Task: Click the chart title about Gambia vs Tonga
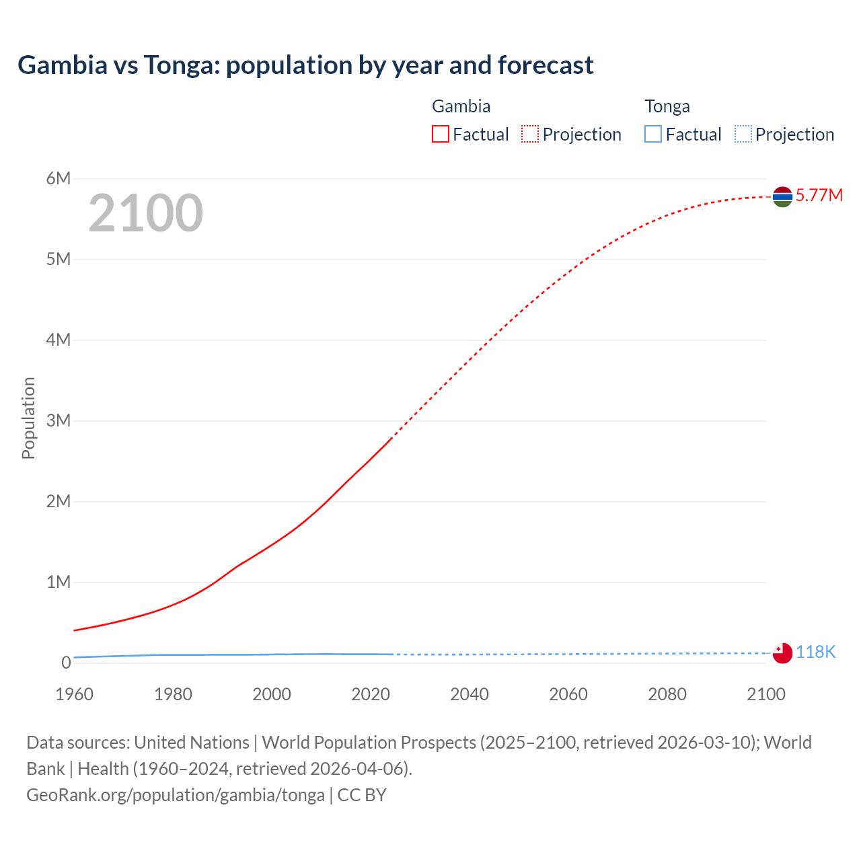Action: pos(305,65)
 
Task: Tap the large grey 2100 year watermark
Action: pos(145,213)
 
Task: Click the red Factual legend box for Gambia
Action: pos(440,134)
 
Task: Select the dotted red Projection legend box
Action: pos(530,134)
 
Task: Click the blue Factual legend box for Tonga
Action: pos(652,134)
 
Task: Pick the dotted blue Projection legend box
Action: pos(743,134)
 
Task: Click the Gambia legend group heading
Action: pos(461,106)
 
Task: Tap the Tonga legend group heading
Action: pos(667,106)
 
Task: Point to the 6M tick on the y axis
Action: pos(59,178)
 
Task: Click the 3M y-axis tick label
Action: pos(59,420)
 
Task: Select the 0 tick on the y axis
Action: pos(66,663)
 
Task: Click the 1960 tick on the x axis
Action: pos(74,694)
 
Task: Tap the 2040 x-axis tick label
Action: pos(470,694)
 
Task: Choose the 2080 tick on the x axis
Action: pos(667,694)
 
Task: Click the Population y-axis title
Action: pos(28,418)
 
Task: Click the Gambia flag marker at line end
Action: pos(782,196)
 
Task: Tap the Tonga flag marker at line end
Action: pos(782,652)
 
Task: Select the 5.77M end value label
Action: pos(819,195)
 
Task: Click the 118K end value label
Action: pos(815,652)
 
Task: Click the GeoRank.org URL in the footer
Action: pos(176,795)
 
